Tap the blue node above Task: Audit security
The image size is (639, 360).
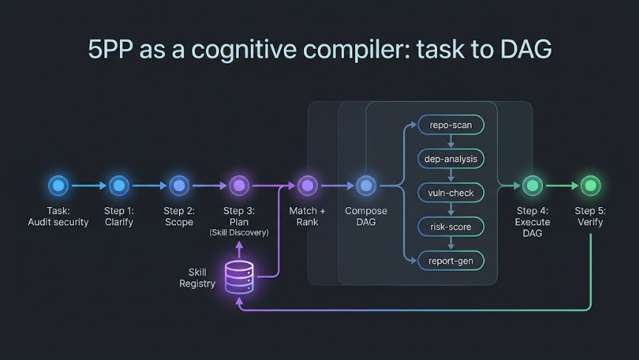tap(58, 186)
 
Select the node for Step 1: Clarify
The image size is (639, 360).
tap(118, 186)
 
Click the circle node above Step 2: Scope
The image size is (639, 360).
tap(178, 186)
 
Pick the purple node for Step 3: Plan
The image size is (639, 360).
tap(239, 186)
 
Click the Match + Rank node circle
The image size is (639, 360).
tap(307, 186)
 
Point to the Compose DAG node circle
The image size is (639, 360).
tap(366, 186)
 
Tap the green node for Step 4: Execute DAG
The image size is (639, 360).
tap(532, 186)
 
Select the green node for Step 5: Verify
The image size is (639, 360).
tap(590, 186)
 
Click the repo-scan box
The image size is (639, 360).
tap(450, 125)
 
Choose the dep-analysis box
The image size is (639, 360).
tap(450, 159)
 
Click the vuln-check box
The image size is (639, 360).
tap(450, 193)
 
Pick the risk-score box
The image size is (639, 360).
tap(450, 226)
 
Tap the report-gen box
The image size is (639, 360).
tap(450, 260)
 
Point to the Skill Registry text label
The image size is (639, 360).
tap(197, 278)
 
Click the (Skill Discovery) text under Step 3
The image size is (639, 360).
tap(239, 233)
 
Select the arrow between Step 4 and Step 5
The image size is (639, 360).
tap(561, 186)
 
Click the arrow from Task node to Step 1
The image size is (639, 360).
tap(88, 186)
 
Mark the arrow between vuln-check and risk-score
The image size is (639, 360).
tap(450, 210)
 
